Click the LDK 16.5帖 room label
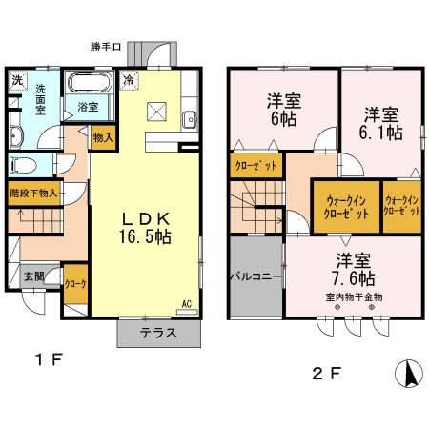pos(145,228)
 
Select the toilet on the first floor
pos(20,163)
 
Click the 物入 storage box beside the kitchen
pos(103,137)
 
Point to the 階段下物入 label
pos(33,193)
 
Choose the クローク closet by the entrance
pos(74,284)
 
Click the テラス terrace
pos(159,334)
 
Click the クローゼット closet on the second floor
pos(256,165)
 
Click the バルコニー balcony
pos(255,277)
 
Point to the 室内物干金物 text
pos(352,297)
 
